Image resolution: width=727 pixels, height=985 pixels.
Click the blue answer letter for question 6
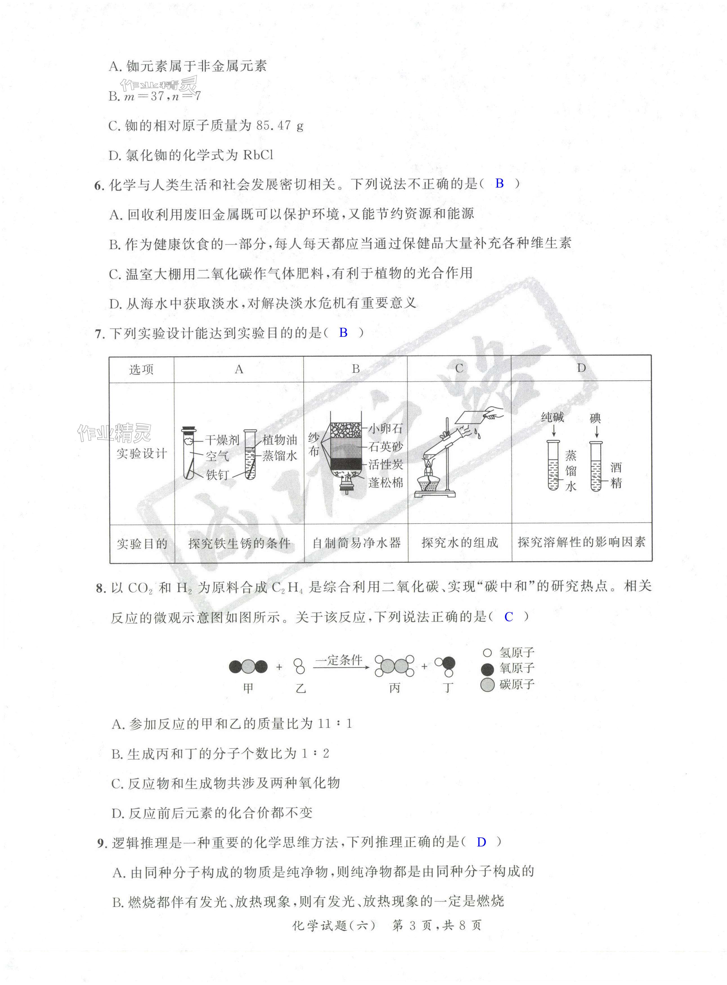click(x=499, y=183)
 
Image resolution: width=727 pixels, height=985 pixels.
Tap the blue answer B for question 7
click(x=343, y=333)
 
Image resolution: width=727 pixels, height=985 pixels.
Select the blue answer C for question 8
click(x=509, y=617)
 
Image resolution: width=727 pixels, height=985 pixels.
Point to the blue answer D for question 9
click(x=481, y=842)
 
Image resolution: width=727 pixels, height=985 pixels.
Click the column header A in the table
click(x=239, y=369)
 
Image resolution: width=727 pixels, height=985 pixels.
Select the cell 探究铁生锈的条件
click(x=239, y=543)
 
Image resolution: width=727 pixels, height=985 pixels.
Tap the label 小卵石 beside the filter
click(x=385, y=428)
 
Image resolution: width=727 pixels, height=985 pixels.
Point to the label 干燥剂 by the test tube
click(x=222, y=440)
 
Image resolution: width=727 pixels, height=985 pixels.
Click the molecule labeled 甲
click(x=248, y=667)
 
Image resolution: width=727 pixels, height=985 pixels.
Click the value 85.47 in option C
click(x=273, y=126)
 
